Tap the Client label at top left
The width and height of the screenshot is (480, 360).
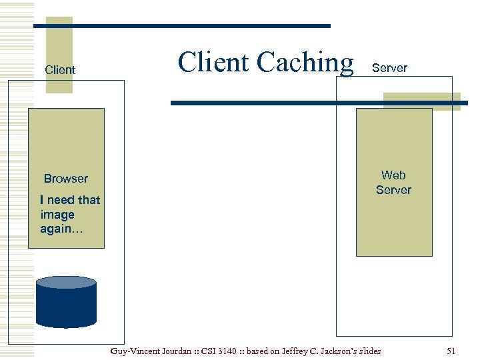click(x=60, y=70)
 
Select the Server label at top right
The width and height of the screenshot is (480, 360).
click(x=389, y=68)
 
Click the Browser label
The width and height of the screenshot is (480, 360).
click(x=65, y=179)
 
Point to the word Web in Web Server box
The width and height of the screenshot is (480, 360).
click(x=393, y=175)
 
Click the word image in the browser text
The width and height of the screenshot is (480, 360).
click(x=57, y=215)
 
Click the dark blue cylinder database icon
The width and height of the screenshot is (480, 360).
click(x=66, y=307)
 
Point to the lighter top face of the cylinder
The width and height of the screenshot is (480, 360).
click(x=66, y=282)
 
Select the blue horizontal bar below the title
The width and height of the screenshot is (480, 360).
click(x=319, y=103)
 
